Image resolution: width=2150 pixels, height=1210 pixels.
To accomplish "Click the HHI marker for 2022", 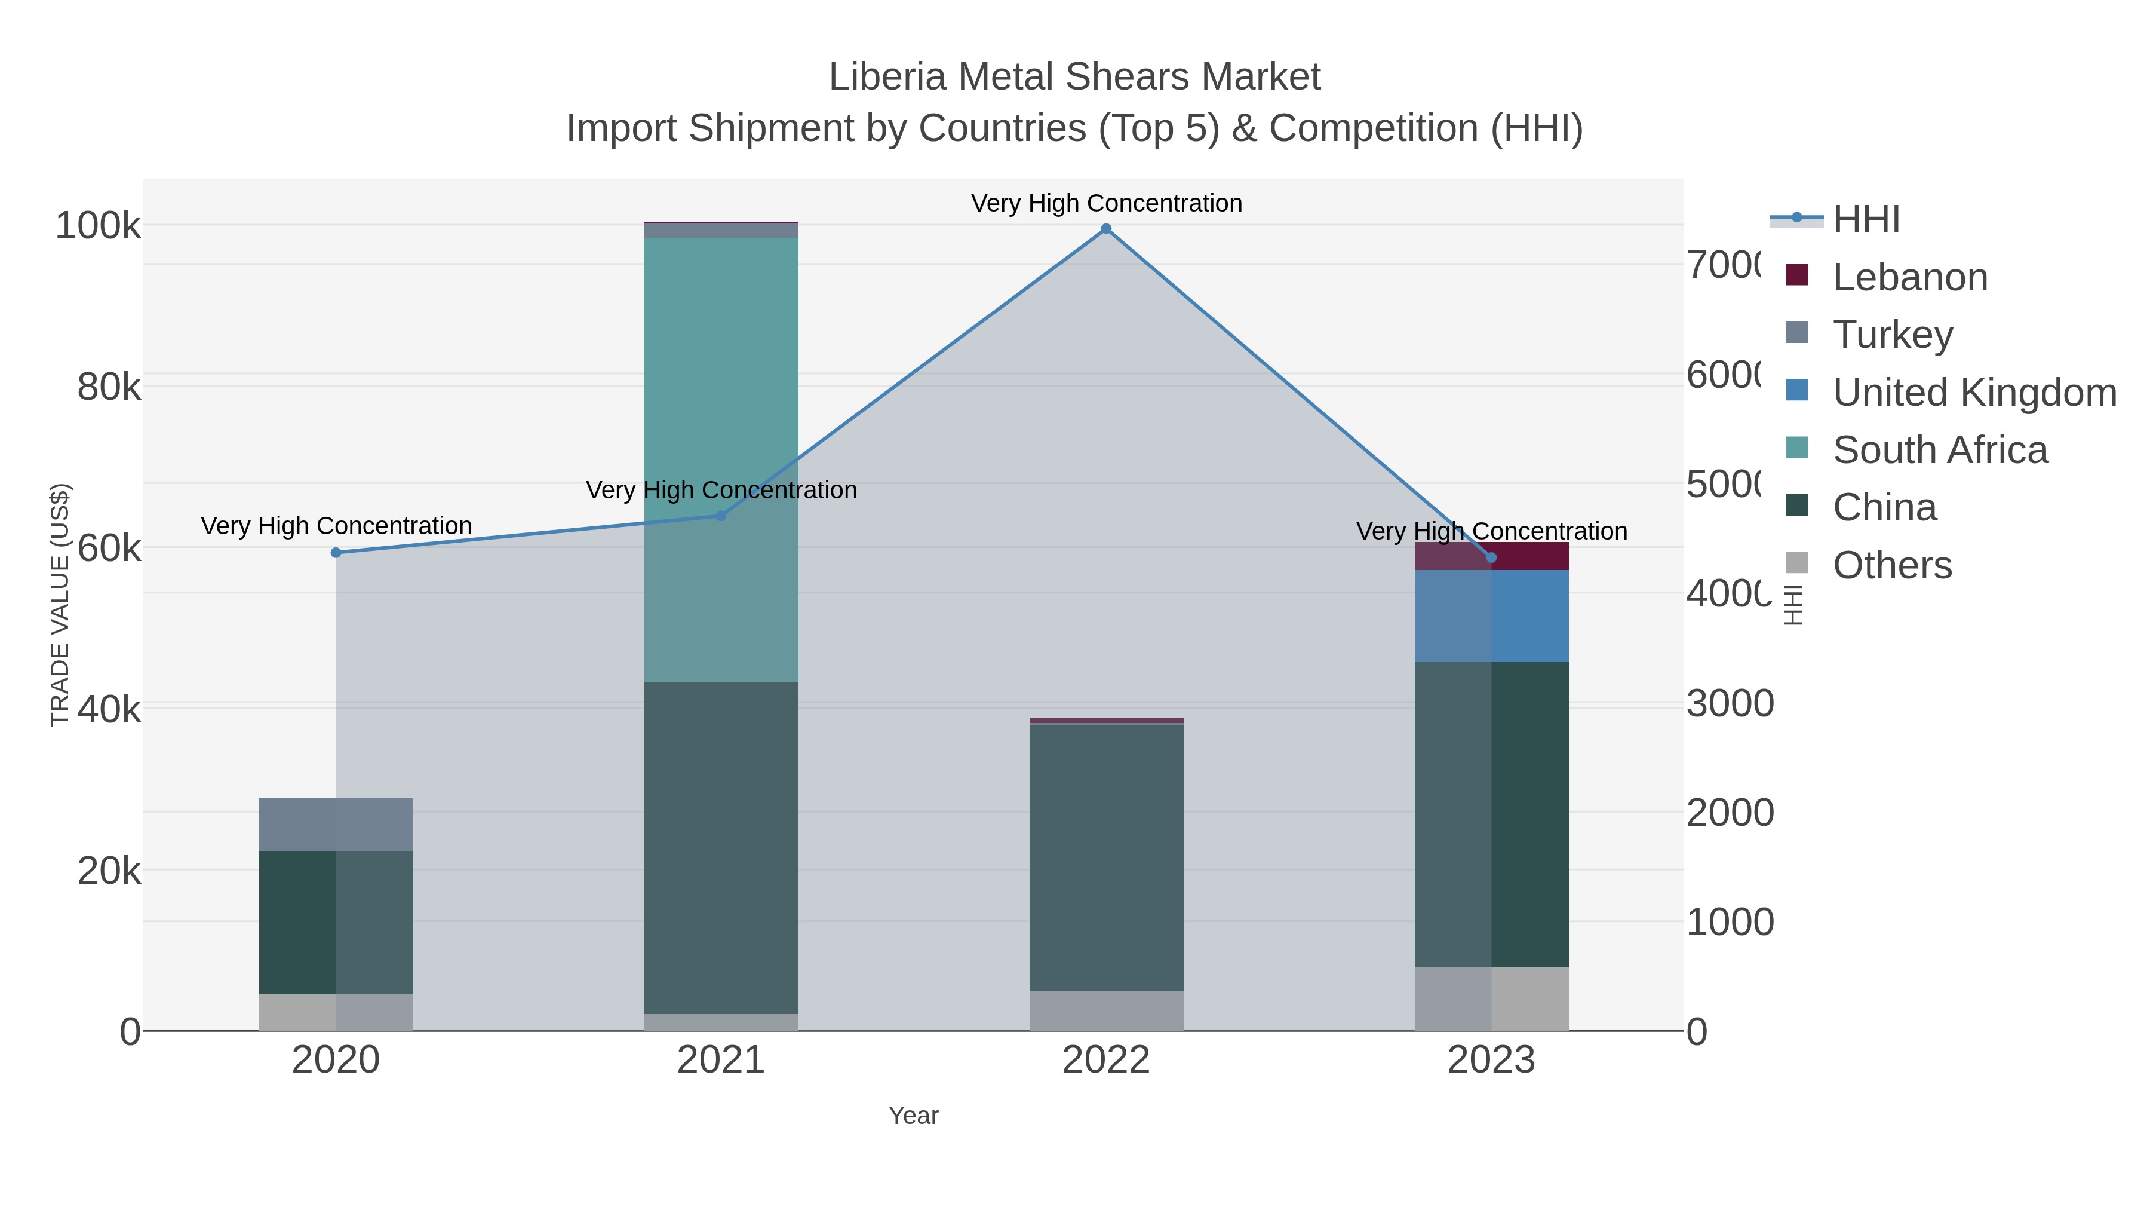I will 1106,229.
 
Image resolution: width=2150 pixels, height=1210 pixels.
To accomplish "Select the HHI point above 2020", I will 336,553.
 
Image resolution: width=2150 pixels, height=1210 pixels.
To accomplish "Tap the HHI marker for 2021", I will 721,516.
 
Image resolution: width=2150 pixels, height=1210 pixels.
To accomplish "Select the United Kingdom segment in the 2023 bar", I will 1491,616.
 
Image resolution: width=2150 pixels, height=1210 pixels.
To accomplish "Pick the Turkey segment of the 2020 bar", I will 336,824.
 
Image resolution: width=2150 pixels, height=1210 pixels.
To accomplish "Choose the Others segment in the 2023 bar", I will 1491,998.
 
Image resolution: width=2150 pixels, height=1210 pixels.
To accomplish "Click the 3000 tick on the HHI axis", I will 1730,704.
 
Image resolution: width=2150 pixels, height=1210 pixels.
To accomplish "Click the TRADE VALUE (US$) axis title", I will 60,605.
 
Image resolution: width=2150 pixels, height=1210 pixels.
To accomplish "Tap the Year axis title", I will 913,1116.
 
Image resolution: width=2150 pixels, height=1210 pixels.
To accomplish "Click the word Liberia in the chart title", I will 886,78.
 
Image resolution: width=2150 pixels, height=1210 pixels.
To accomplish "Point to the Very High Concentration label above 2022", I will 1106,204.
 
